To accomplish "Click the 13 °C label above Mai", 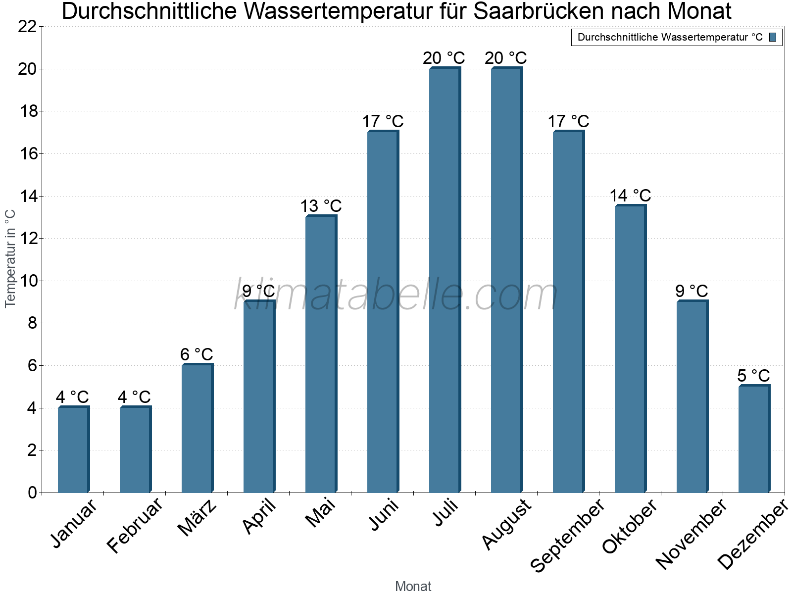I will (x=321, y=206).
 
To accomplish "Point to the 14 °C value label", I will (x=630, y=196).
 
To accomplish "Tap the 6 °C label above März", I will (x=197, y=354).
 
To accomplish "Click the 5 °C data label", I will (x=754, y=376).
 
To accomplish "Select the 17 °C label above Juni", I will (x=383, y=121).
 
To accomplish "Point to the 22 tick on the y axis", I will (x=27, y=27).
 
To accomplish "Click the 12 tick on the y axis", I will (x=27, y=239).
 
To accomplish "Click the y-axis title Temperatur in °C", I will (x=10, y=258).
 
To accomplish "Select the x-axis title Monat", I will (x=413, y=586).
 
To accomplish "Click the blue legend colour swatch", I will (x=773, y=37).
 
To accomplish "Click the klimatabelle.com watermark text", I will (x=396, y=296).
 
